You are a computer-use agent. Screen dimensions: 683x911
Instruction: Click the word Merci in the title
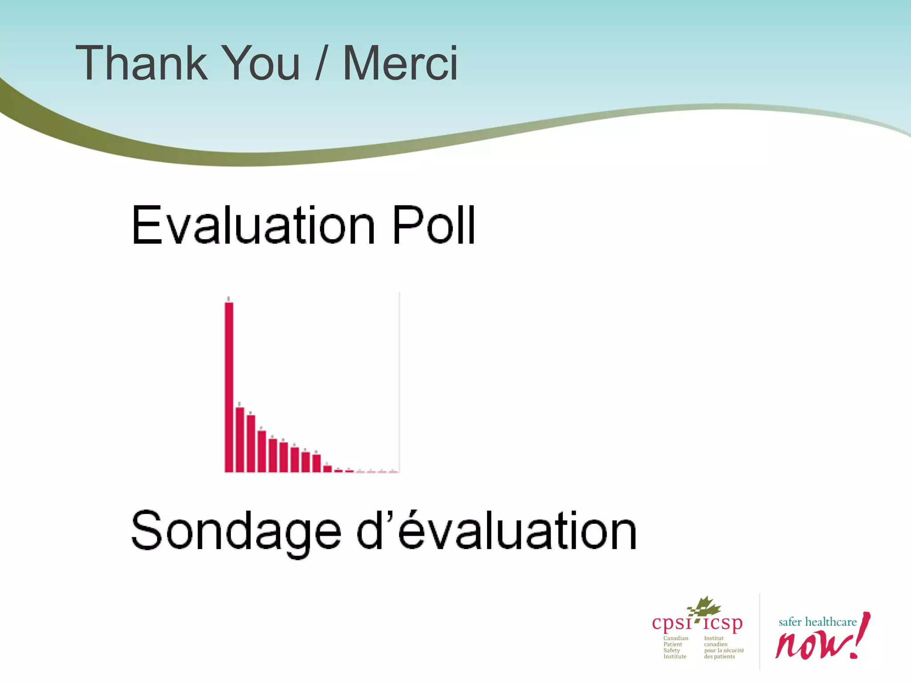tap(400, 64)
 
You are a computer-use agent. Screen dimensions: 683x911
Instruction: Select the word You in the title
tap(260, 64)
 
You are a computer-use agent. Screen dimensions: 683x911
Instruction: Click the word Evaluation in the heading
tap(254, 225)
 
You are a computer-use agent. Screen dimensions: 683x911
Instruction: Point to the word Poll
tap(433, 225)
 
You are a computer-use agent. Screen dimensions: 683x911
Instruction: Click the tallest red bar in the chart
tap(229, 387)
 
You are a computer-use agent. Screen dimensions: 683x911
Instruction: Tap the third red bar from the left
tap(251, 443)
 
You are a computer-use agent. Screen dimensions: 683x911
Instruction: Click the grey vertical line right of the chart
tap(399, 382)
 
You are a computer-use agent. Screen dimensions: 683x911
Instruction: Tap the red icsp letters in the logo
tap(723, 623)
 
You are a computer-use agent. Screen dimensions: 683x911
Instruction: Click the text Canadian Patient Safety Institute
tap(675, 647)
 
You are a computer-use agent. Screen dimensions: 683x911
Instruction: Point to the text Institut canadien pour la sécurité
tap(723, 647)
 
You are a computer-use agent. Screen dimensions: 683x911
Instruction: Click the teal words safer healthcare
tap(817, 622)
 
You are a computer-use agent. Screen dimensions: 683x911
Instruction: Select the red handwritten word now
tap(810, 645)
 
